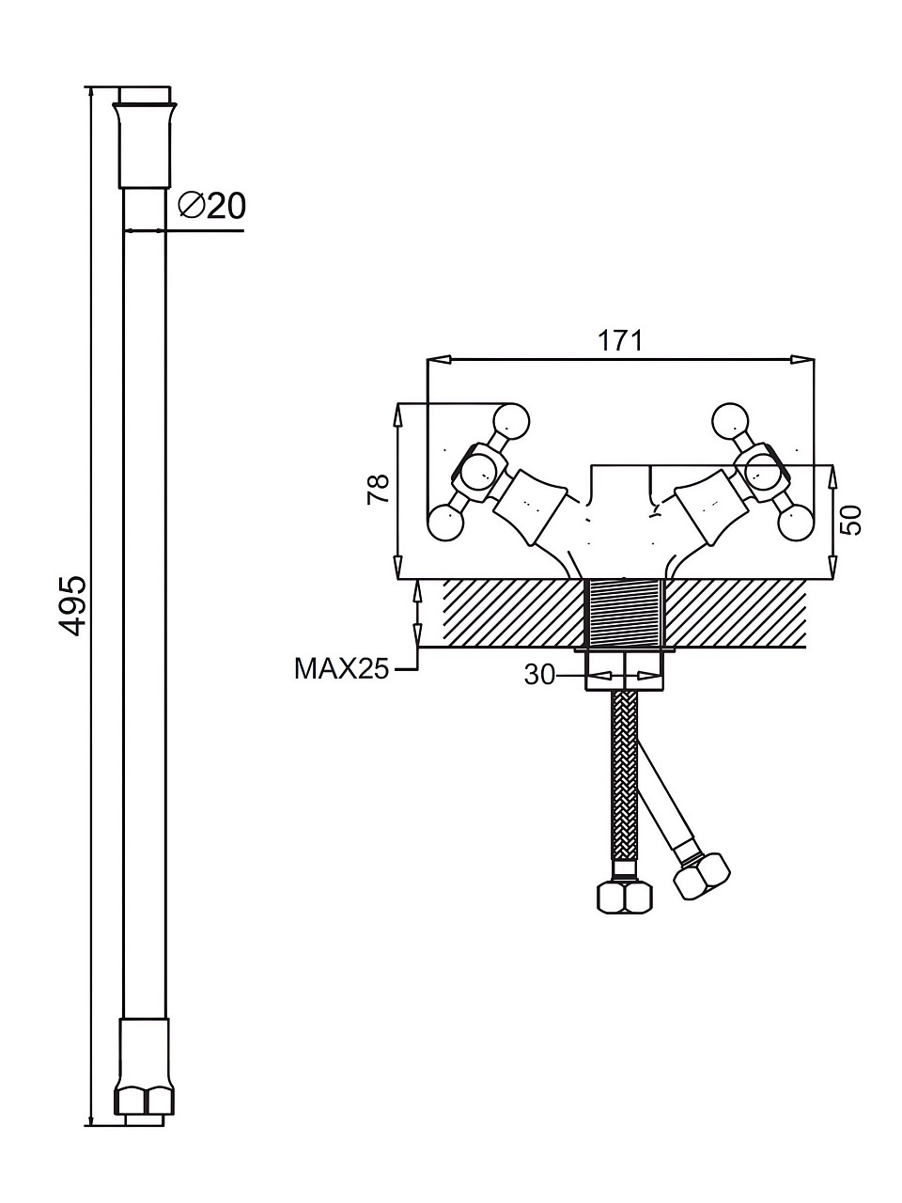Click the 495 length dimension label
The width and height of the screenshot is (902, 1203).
tap(72, 605)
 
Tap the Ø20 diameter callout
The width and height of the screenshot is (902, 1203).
tap(212, 206)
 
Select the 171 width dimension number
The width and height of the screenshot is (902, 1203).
tap(619, 341)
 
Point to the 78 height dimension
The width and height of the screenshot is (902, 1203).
tap(378, 489)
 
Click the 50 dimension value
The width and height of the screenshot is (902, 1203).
tap(850, 520)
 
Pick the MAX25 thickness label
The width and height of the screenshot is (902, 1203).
tap(342, 668)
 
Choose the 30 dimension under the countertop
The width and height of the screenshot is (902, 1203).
tap(539, 675)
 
